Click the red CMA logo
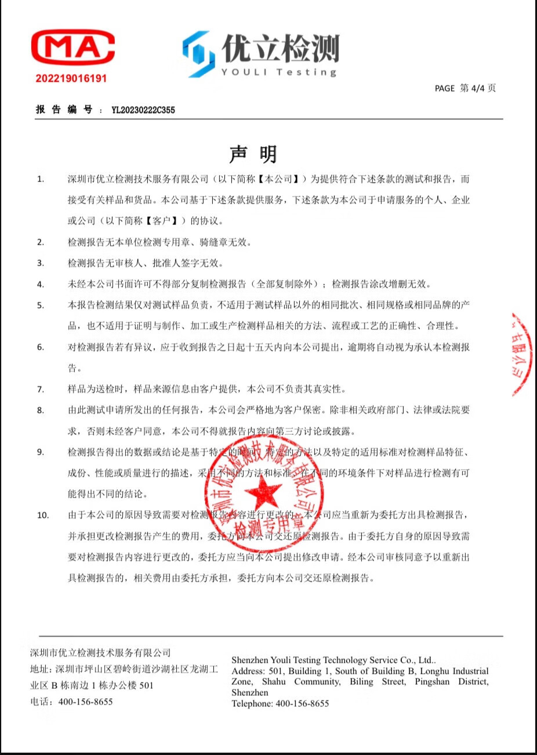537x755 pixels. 72,48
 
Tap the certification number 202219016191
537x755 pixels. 71,78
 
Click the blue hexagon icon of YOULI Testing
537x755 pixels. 199,54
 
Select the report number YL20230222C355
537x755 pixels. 143,110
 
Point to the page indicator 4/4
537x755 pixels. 477,88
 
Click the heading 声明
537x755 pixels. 253,154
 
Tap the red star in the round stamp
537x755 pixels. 263,495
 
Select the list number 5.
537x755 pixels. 41,305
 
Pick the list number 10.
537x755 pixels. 43,515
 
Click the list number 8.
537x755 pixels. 41,411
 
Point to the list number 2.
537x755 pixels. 41,242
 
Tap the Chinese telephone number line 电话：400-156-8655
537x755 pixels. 71,702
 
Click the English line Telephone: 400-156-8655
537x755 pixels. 280,703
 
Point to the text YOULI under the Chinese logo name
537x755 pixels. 244,72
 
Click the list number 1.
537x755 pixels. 41,179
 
